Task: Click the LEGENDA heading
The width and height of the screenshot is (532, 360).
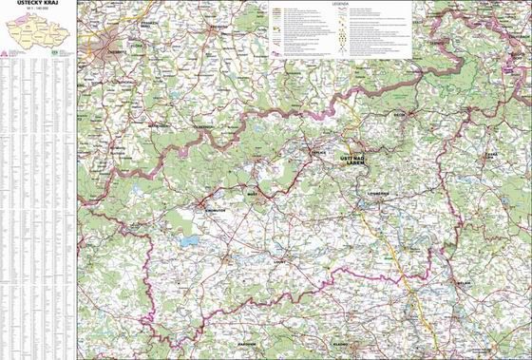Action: pyautogui.click(x=341, y=5)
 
